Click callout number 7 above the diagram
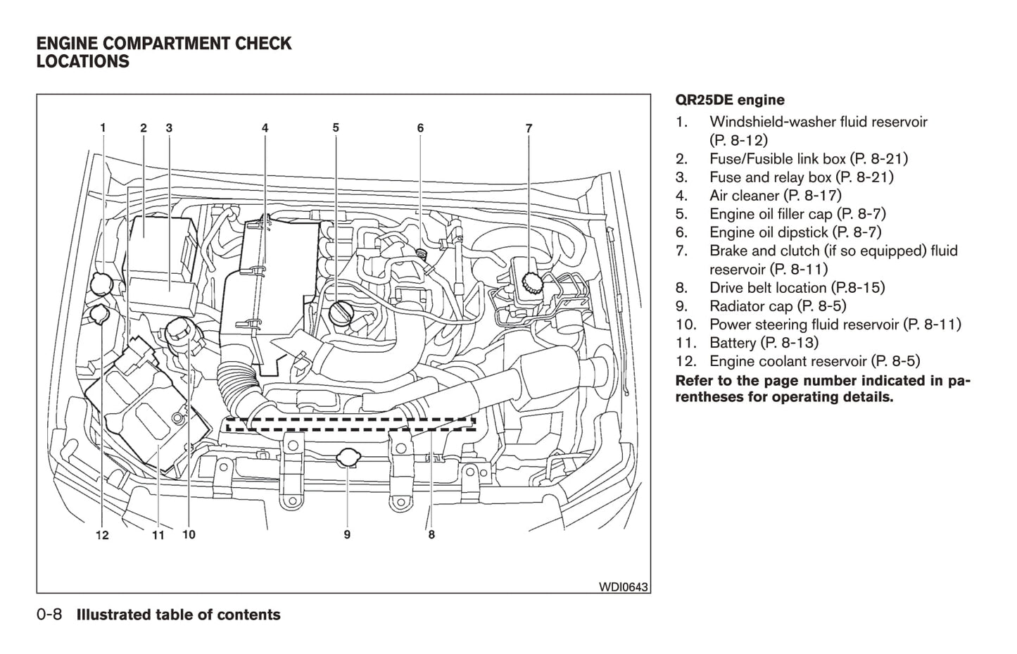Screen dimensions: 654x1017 [529, 128]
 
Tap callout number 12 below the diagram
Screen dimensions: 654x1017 [102, 535]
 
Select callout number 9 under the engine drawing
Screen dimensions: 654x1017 [347, 535]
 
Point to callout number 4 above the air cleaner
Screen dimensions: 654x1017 [265, 128]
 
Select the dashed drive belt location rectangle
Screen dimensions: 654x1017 [350, 424]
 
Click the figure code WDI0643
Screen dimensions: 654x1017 [624, 586]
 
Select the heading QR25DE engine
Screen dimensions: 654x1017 [730, 100]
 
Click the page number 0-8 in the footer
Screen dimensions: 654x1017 [49, 615]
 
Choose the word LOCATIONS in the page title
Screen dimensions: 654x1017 [83, 62]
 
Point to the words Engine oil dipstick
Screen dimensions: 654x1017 [769, 232]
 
